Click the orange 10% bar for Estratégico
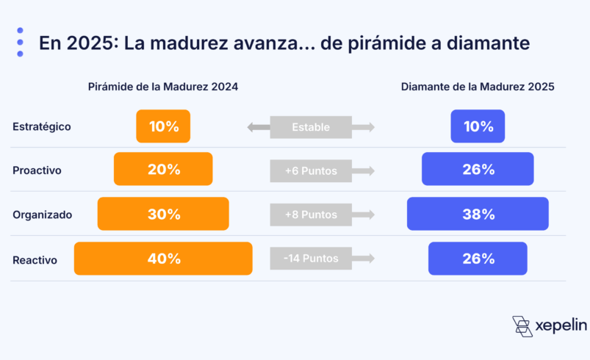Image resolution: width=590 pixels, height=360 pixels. [163, 126]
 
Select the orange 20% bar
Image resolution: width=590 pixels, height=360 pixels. [163, 169]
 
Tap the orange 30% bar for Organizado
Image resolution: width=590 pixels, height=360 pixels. [163, 214]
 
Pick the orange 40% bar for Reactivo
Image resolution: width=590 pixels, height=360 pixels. [163, 259]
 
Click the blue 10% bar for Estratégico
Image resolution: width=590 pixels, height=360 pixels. [478, 126]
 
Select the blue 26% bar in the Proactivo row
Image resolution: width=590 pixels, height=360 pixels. [478, 169]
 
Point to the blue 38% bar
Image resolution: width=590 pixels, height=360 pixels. [478, 214]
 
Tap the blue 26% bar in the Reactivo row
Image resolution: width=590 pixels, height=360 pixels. [478, 259]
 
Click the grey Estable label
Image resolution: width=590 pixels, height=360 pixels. [311, 127]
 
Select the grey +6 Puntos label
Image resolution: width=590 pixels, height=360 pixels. [311, 171]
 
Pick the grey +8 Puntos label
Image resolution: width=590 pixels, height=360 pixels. [311, 215]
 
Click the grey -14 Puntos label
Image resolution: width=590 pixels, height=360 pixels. [311, 259]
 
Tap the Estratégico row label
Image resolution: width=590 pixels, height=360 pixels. [42, 126]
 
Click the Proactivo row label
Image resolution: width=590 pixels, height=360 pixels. [37, 170]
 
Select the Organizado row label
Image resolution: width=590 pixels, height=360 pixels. [42, 215]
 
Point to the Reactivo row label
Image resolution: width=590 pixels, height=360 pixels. [35, 259]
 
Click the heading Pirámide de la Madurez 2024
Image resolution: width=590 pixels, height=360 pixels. [162, 87]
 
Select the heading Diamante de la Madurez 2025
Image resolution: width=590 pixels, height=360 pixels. [478, 87]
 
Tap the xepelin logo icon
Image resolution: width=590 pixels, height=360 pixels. [522, 326]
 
